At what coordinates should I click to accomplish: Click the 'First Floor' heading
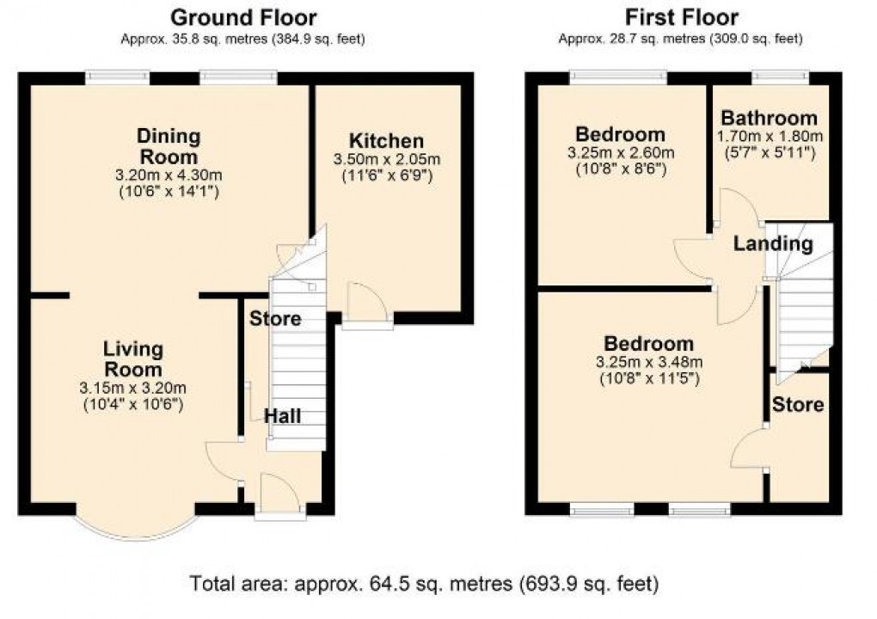[x=681, y=17]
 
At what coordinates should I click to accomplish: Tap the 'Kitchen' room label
[x=386, y=141]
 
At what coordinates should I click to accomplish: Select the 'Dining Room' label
[x=169, y=146]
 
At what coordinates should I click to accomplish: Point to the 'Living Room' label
[x=132, y=359]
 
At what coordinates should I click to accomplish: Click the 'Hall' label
[x=282, y=416]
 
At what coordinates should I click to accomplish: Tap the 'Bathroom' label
[x=769, y=118]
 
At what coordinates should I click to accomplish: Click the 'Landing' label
[x=773, y=243]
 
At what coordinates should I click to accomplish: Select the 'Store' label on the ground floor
[x=275, y=319]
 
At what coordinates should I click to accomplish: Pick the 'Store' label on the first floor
[x=797, y=404]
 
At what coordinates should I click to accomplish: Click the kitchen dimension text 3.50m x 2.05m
[x=386, y=160]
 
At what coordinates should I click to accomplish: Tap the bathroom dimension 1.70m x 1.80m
[x=769, y=137]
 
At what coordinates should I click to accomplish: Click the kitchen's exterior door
[x=367, y=309]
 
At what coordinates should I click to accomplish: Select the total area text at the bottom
[x=424, y=584]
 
